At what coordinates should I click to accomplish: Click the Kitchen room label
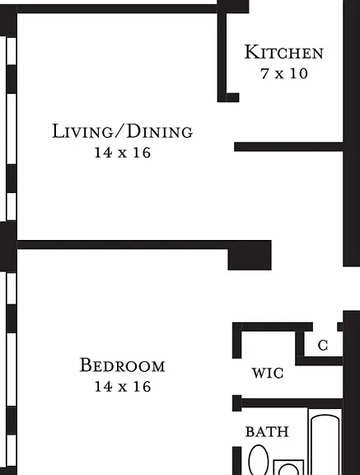click(x=283, y=52)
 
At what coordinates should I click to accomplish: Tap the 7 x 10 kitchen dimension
click(x=284, y=73)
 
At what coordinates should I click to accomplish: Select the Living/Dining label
click(x=122, y=131)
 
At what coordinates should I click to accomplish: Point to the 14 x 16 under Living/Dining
click(x=123, y=153)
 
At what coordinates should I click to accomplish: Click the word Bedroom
click(x=122, y=365)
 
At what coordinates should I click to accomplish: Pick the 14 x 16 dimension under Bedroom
click(x=123, y=387)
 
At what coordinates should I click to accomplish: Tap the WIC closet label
click(x=268, y=373)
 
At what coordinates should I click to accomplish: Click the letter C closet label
click(x=323, y=345)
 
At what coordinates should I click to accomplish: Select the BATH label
click(x=267, y=431)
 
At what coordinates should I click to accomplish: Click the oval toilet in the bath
click(x=259, y=460)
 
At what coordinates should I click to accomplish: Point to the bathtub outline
click(x=325, y=442)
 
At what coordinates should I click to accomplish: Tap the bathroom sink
click(x=288, y=468)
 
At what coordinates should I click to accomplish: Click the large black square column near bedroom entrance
click(x=250, y=255)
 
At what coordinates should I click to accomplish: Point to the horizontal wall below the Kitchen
click(x=288, y=147)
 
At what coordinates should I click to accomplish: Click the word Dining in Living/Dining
click(x=160, y=131)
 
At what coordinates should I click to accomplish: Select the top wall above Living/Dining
click(x=117, y=8)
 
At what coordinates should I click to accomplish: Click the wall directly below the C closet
click(x=319, y=361)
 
